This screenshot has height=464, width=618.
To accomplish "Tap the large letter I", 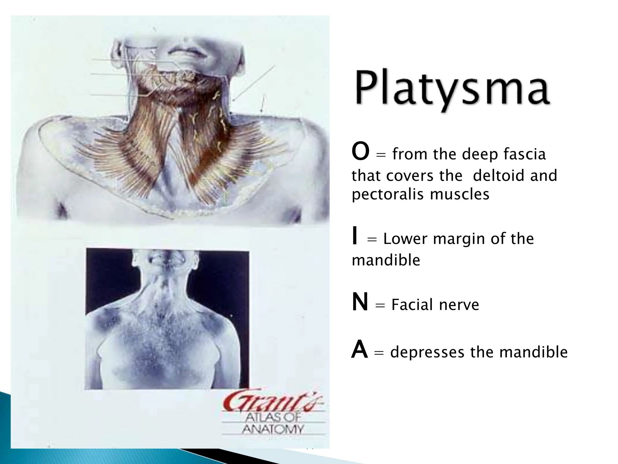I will coord(355,237).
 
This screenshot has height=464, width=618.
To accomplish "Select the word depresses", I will coord(427,352).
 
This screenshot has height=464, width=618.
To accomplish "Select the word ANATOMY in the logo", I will coord(273,429).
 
